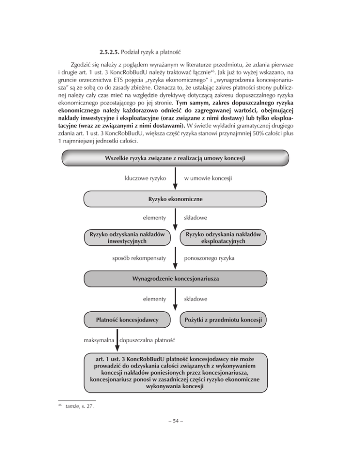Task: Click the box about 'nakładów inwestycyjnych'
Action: [127, 238]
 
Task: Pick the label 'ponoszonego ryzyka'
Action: [211, 258]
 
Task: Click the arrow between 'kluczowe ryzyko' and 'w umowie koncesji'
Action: [174, 179]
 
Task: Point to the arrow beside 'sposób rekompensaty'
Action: [174, 258]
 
